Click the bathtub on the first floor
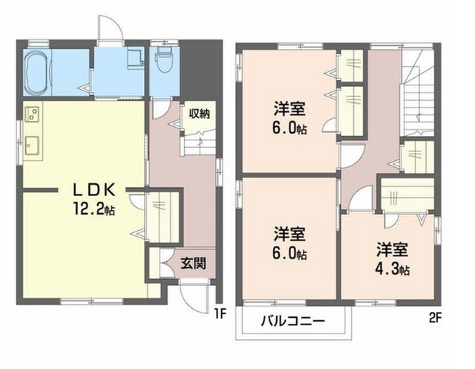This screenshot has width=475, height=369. coord(36,72)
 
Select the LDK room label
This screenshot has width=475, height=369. coord(94,190)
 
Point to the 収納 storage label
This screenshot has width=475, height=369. coord(200,114)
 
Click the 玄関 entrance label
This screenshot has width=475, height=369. coord(193,264)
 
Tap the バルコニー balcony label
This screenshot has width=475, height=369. coord(293,321)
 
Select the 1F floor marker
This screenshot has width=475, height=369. coord(220,314)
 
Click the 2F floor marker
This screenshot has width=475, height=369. coord(436,318)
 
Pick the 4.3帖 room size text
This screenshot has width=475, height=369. coord(393,269)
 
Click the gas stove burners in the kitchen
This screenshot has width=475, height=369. coord(32,114)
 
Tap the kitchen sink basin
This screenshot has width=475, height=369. coord(32,146)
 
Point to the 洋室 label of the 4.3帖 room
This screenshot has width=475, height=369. coord(392,250)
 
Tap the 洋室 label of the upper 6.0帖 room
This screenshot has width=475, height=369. coord(289,109)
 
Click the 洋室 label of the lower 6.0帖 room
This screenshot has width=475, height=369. coord(289,234)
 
